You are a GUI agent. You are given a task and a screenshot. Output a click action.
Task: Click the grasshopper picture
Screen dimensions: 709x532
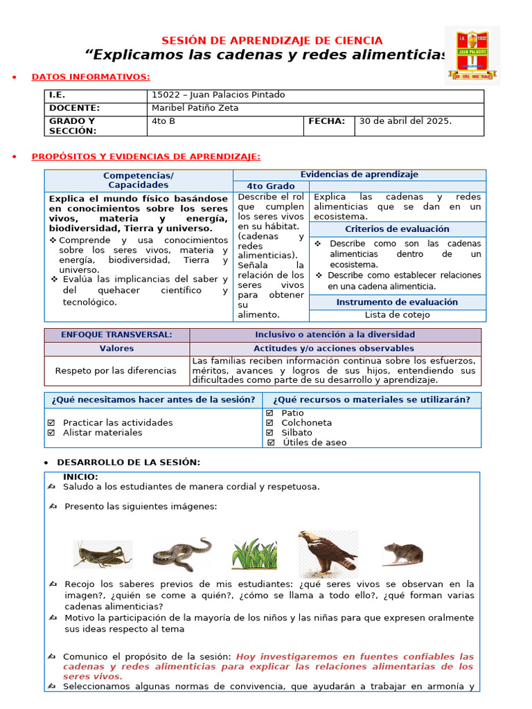click(x=103, y=554)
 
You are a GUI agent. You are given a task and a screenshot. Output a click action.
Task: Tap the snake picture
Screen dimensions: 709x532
click(x=181, y=554)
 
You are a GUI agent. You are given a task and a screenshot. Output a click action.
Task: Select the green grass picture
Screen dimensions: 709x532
click(x=254, y=554)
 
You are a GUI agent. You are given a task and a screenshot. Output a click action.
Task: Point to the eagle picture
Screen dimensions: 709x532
click(x=328, y=553)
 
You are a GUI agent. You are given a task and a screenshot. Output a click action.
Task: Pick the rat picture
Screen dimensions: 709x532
click(x=402, y=553)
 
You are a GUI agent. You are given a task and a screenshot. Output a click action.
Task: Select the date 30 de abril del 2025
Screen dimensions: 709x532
click(x=405, y=121)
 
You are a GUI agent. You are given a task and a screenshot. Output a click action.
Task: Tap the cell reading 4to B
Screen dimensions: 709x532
click(x=163, y=121)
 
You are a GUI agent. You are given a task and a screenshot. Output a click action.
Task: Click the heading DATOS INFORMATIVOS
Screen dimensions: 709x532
click(x=91, y=77)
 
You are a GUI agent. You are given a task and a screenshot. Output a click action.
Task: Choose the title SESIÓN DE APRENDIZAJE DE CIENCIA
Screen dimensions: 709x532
click(x=272, y=41)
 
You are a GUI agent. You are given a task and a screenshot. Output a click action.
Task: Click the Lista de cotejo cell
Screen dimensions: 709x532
click(x=397, y=315)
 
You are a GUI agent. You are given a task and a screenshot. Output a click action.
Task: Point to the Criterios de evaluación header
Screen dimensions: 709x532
click(x=397, y=229)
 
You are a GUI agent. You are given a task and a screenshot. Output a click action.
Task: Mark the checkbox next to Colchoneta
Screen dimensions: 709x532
click(x=269, y=423)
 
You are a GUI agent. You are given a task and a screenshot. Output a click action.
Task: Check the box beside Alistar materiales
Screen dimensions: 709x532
click(x=51, y=433)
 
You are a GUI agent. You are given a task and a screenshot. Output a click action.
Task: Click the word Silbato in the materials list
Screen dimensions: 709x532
click(x=296, y=433)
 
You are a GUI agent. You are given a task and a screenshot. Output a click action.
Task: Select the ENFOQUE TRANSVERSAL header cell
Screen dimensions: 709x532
click(x=116, y=335)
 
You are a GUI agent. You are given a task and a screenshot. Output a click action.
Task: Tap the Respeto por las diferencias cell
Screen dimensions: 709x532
click(x=116, y=370)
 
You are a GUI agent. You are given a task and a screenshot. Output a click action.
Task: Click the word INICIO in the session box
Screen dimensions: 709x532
click(x=80, y=477)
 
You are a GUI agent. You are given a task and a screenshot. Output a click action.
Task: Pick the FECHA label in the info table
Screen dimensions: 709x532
click(x=326, y=121)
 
